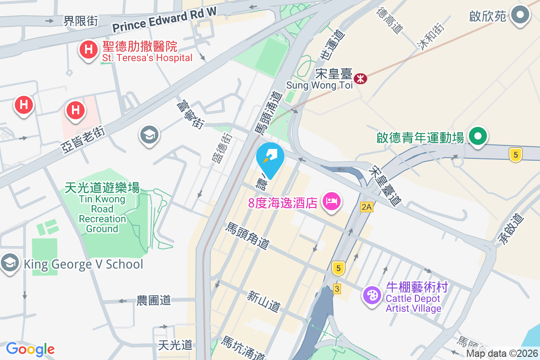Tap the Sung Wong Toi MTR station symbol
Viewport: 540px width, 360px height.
[x=360, y=79]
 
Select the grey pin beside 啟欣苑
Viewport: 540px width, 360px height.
[x=521, y=15]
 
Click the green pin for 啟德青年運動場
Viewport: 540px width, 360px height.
[x=477, y=136]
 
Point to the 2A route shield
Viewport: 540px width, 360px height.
[x=367, y=207]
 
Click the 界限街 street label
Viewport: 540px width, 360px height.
[x=81, y=21]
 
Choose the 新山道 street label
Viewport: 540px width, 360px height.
[x=264, y=301]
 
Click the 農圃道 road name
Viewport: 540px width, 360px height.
[x=154, y=300]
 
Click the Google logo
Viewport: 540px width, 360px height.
[x=30, y=349]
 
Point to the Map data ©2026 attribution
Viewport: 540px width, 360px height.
[x=502, y=354]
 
